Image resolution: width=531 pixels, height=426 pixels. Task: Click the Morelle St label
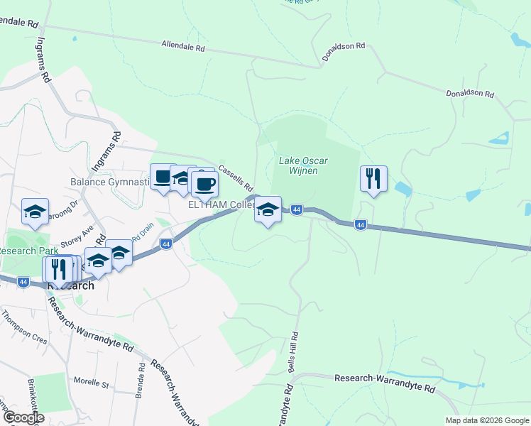(95, 385)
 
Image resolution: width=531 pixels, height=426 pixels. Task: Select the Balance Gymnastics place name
(110, 182)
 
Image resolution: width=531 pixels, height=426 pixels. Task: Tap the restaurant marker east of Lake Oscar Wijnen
(373, 178)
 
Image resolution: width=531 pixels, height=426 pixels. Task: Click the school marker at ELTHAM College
(268, 210)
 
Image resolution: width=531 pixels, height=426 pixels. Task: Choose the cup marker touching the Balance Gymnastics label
(163, 177)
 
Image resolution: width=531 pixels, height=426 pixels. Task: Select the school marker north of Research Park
(35, 212)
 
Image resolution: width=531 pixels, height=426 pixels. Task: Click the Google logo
(23, 417)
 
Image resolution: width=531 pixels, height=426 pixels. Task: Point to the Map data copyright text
(486, 420)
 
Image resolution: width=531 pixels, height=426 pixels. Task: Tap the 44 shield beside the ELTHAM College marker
(297, 209)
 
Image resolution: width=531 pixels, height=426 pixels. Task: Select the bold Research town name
(71, 285)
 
